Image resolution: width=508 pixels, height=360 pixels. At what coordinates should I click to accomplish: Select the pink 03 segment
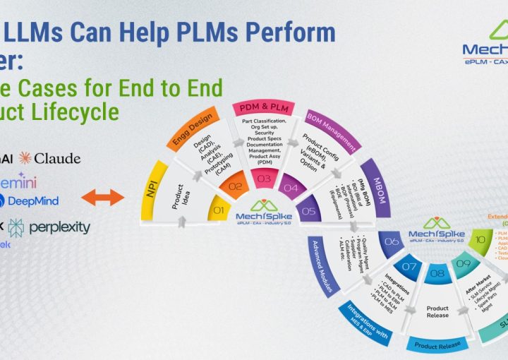pos(264,179)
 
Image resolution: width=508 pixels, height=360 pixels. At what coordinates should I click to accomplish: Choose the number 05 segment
pos(308,210)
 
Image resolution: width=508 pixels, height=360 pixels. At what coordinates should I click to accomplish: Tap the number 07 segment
pos(409,266)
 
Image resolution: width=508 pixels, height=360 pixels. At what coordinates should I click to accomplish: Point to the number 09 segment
pos(464,265)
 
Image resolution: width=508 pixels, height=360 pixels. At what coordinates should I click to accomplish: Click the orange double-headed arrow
pos(102,196)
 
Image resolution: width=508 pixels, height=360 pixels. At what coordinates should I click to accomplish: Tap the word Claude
pos(56,158)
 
